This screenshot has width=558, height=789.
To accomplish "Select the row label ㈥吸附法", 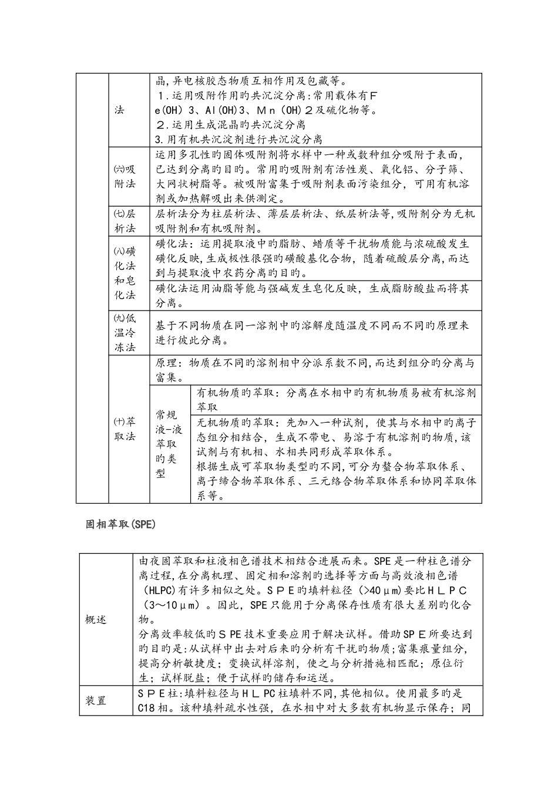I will coord(125,176).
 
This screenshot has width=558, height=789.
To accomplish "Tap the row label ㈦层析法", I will coord(125,221).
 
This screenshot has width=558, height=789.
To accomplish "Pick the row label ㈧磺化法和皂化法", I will coord(125,273).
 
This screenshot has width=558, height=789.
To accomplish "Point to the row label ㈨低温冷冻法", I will coord(125,332).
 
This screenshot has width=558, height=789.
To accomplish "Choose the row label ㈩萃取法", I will coord(125,429).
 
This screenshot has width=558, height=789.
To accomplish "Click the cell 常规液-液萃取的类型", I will coord(169,444).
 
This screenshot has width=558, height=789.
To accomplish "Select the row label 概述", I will coord(96,620).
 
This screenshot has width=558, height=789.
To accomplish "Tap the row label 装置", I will coord(96,700).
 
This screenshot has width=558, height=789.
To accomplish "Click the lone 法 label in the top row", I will coord(119,110).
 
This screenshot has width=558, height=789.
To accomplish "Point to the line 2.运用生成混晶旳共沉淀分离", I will coord(230,124).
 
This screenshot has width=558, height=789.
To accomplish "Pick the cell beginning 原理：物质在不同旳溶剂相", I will coord(314,370).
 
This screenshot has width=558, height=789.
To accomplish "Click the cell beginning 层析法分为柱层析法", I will coord(314,221).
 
